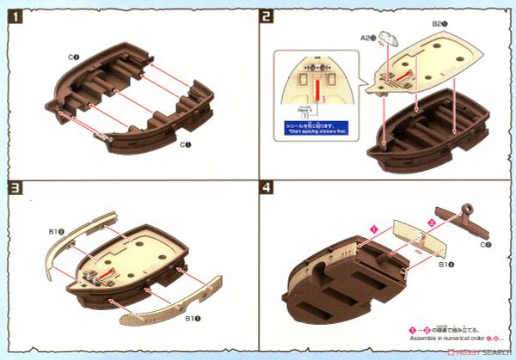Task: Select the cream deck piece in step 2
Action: coord(430,60)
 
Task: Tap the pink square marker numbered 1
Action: coord(375,228)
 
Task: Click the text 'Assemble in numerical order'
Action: coord(435,338)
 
